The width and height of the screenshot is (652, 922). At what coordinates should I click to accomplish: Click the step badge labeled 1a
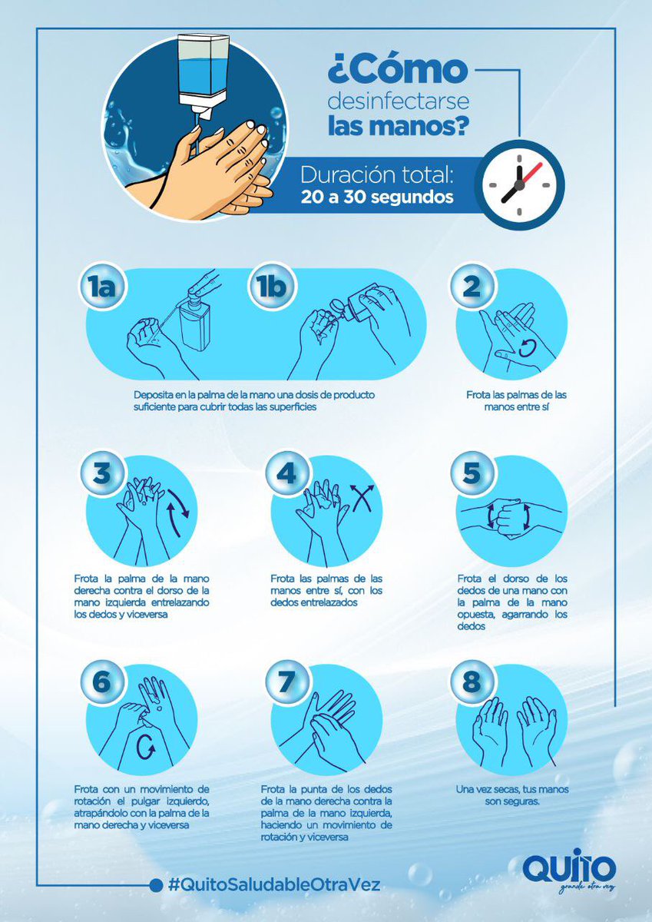102,286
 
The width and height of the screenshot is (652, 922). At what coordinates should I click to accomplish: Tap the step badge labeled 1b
273,286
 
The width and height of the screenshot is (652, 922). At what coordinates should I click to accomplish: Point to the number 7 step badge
287,682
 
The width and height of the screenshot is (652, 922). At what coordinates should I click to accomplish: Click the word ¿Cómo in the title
397,70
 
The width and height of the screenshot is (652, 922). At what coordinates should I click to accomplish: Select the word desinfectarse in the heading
399,101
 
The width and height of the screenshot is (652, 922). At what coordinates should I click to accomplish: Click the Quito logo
568,862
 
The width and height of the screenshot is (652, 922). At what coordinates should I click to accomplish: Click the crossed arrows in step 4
362,497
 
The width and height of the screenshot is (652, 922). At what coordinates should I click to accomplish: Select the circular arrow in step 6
146,748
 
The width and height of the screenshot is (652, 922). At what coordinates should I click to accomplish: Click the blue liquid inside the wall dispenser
202,77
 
